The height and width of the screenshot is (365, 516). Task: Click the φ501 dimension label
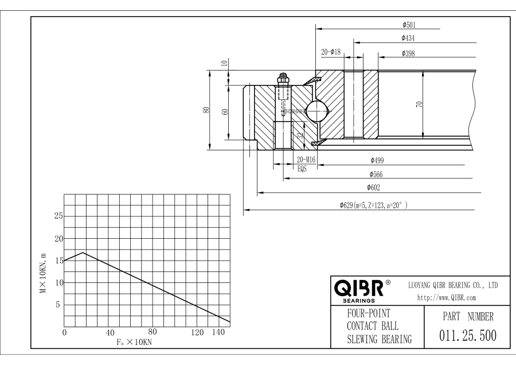[x=409, y=25]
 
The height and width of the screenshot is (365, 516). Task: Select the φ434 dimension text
[x=409, y=39]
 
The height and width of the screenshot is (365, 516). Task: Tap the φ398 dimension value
[x=409, y=53]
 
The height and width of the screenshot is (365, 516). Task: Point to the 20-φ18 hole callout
[x=331, y=52]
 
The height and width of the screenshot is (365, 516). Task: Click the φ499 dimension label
[x=377, y=160]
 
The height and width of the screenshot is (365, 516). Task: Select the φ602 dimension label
[x=374, y=188]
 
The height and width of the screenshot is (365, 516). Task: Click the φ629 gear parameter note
[x=373, y=205]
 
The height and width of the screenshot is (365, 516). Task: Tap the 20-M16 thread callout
[x=307, y=160]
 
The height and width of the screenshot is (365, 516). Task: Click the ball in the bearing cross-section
[x=318, y=110]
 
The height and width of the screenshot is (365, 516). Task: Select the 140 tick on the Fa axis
[x=218, y=332]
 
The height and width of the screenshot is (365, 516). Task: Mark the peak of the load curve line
[x=84, y=253]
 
